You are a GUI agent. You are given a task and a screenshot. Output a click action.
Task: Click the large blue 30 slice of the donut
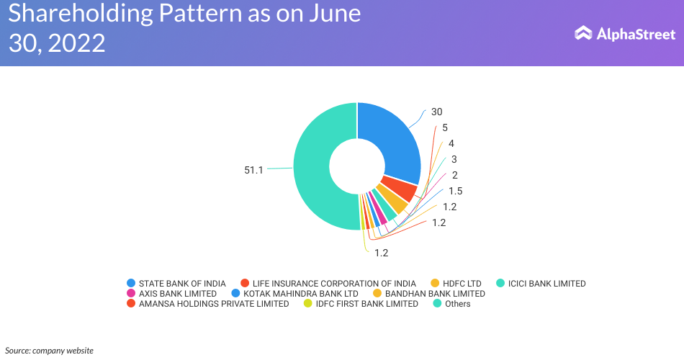click(x=392, y=140)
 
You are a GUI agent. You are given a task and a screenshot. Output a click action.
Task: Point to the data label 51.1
click(x=253, y=170)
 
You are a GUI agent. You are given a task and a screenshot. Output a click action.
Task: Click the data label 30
click(x=436, y=112)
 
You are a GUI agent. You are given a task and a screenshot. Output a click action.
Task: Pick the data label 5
click(x=445, y=127)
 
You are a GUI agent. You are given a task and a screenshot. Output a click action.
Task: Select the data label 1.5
click(x=455, y=191)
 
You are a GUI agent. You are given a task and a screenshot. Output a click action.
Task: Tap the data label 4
click(x=451, y=143)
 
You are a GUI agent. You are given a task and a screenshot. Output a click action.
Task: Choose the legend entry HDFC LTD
click(x=460, y=284)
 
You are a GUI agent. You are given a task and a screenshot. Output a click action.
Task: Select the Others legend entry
click(x=457, y=304)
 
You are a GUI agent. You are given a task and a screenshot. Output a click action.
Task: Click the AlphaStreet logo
click(x=625, y=33)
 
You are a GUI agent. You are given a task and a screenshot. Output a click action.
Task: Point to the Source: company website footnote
click(x=49, y=351)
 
